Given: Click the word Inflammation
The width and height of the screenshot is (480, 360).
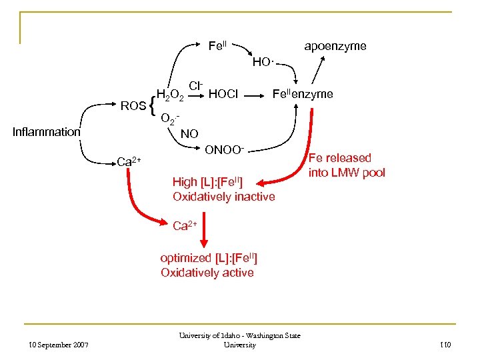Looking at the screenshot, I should pyautogui.click(x=47, y=132).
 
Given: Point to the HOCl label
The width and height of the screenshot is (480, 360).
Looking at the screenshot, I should pyautogui.click(x=223, y=95).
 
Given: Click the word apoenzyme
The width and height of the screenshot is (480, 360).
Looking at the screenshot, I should pyautogui.click(x=335, y=46).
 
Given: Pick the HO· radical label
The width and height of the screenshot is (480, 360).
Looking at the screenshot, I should pyautogui.click(x=263, y=63).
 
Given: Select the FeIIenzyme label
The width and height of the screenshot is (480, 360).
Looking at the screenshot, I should pyautogui.click(x=302, y=94).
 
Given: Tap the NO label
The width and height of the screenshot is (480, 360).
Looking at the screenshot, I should pyautogui.click(x=189, y=134).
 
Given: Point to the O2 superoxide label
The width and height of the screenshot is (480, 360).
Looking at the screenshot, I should pyautogui.click(x=171, y=119).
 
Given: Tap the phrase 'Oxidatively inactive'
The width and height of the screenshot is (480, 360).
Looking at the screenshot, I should pyautogui.click(x=223, y=197).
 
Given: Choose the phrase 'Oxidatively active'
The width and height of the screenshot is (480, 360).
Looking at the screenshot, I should pyautogui.click(x=207, y=273).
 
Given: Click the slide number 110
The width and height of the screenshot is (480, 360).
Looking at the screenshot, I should pyautogui.click(x=445, y=345).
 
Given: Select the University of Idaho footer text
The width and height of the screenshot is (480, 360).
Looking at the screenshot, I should pyautogui.click(x=241, y=340).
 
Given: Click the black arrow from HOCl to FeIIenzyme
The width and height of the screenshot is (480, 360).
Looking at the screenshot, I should pyautogui.click(x=253, y=95).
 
